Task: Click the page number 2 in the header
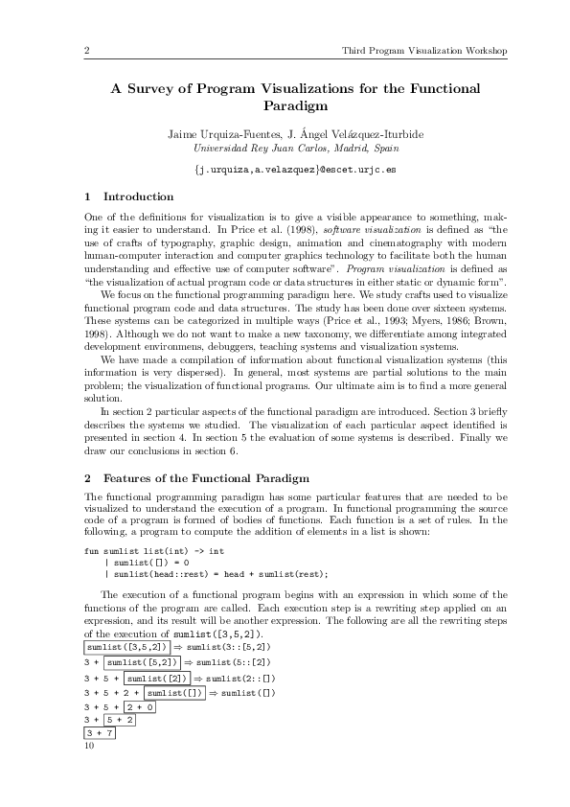(x=87, y=50)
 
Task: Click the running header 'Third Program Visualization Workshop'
(x=424, y=50)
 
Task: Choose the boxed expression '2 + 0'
(x=138, y=706)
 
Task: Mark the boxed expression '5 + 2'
(x=121, y=721)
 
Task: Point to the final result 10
(x=90, y=747)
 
